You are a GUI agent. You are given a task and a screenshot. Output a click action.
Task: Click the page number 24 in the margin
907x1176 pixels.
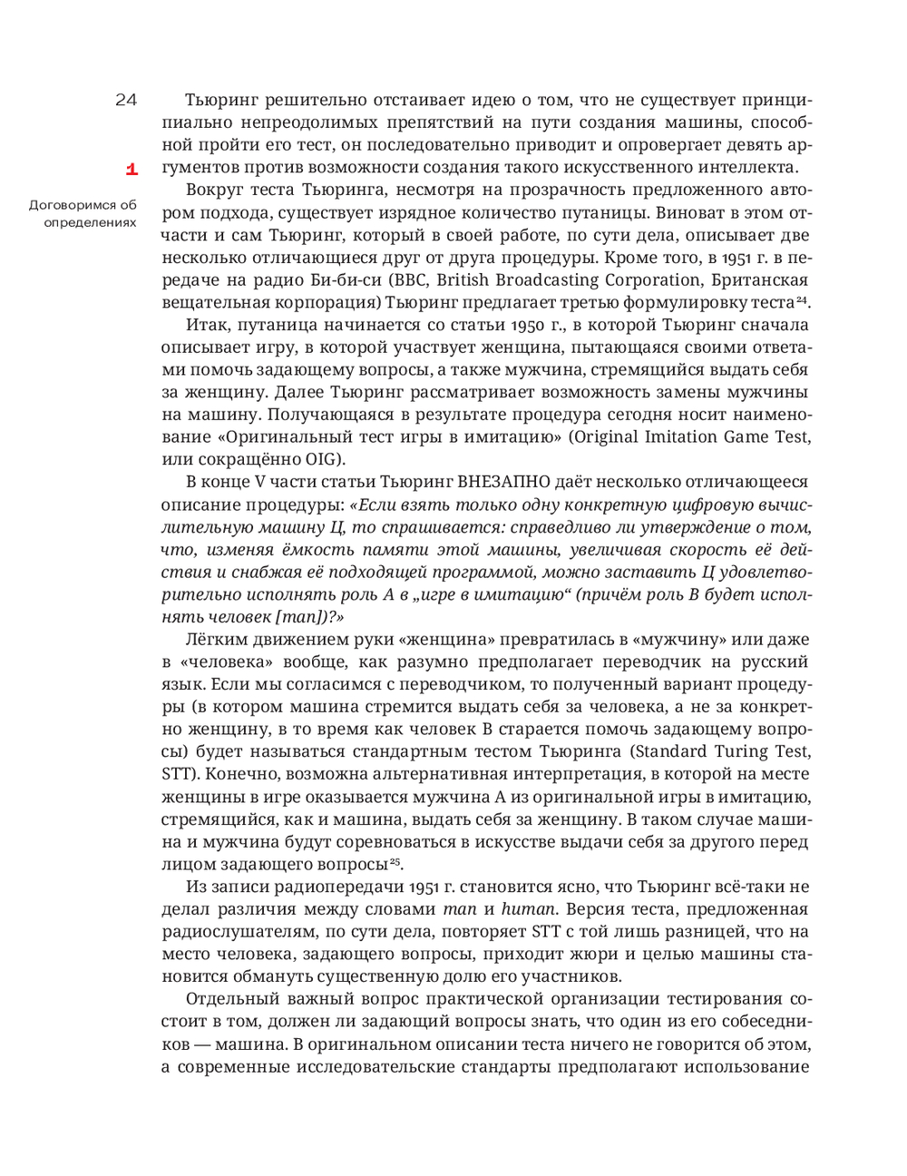[126, 100]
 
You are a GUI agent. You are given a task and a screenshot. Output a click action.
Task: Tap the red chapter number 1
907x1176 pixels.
[131, 169]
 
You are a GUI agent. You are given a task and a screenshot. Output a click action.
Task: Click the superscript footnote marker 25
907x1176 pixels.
[395, 861]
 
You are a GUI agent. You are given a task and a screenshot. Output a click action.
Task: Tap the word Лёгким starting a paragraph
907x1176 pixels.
[214, 639]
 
